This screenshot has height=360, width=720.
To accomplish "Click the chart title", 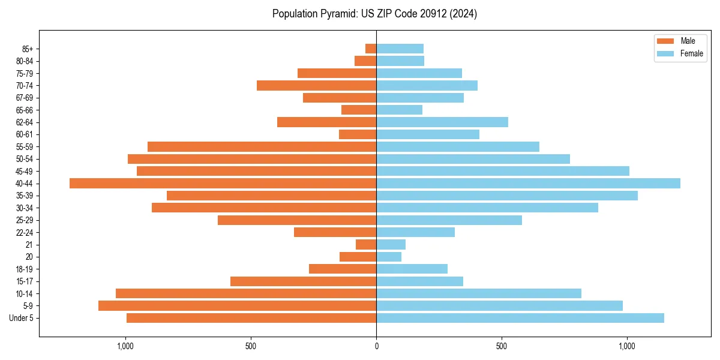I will [x=374, y=14].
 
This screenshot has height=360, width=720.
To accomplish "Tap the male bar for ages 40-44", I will [x=223, y=183].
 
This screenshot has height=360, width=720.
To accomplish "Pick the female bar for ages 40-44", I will [x=528, y=183].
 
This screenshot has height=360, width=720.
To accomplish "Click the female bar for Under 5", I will [x=520, y=318].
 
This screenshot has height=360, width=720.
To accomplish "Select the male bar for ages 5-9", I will [x=238, y=305].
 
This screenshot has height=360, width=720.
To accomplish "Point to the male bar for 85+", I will [x=371, y=49].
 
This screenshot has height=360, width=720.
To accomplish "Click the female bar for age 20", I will [x=389, y=257].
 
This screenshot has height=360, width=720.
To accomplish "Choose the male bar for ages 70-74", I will [x=317, y=85].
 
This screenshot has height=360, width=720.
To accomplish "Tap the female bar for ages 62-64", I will [x=442, y=122].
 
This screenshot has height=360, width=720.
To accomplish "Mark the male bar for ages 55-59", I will [x=262, y=146].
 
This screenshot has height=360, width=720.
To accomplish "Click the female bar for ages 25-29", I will [x=449, y=220].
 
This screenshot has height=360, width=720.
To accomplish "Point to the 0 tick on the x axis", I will [x=376, y=346].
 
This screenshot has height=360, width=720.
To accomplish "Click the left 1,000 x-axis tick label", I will [x=125, y=346].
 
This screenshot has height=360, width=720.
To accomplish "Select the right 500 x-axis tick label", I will [x=502, y=346].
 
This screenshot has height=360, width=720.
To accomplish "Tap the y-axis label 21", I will [x=29, y=245].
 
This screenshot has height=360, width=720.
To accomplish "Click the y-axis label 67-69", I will [x=25, y=98].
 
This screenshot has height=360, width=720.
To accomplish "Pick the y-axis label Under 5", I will [x=22, y=318].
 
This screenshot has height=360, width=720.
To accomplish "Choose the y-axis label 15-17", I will [x=25, y=281].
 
